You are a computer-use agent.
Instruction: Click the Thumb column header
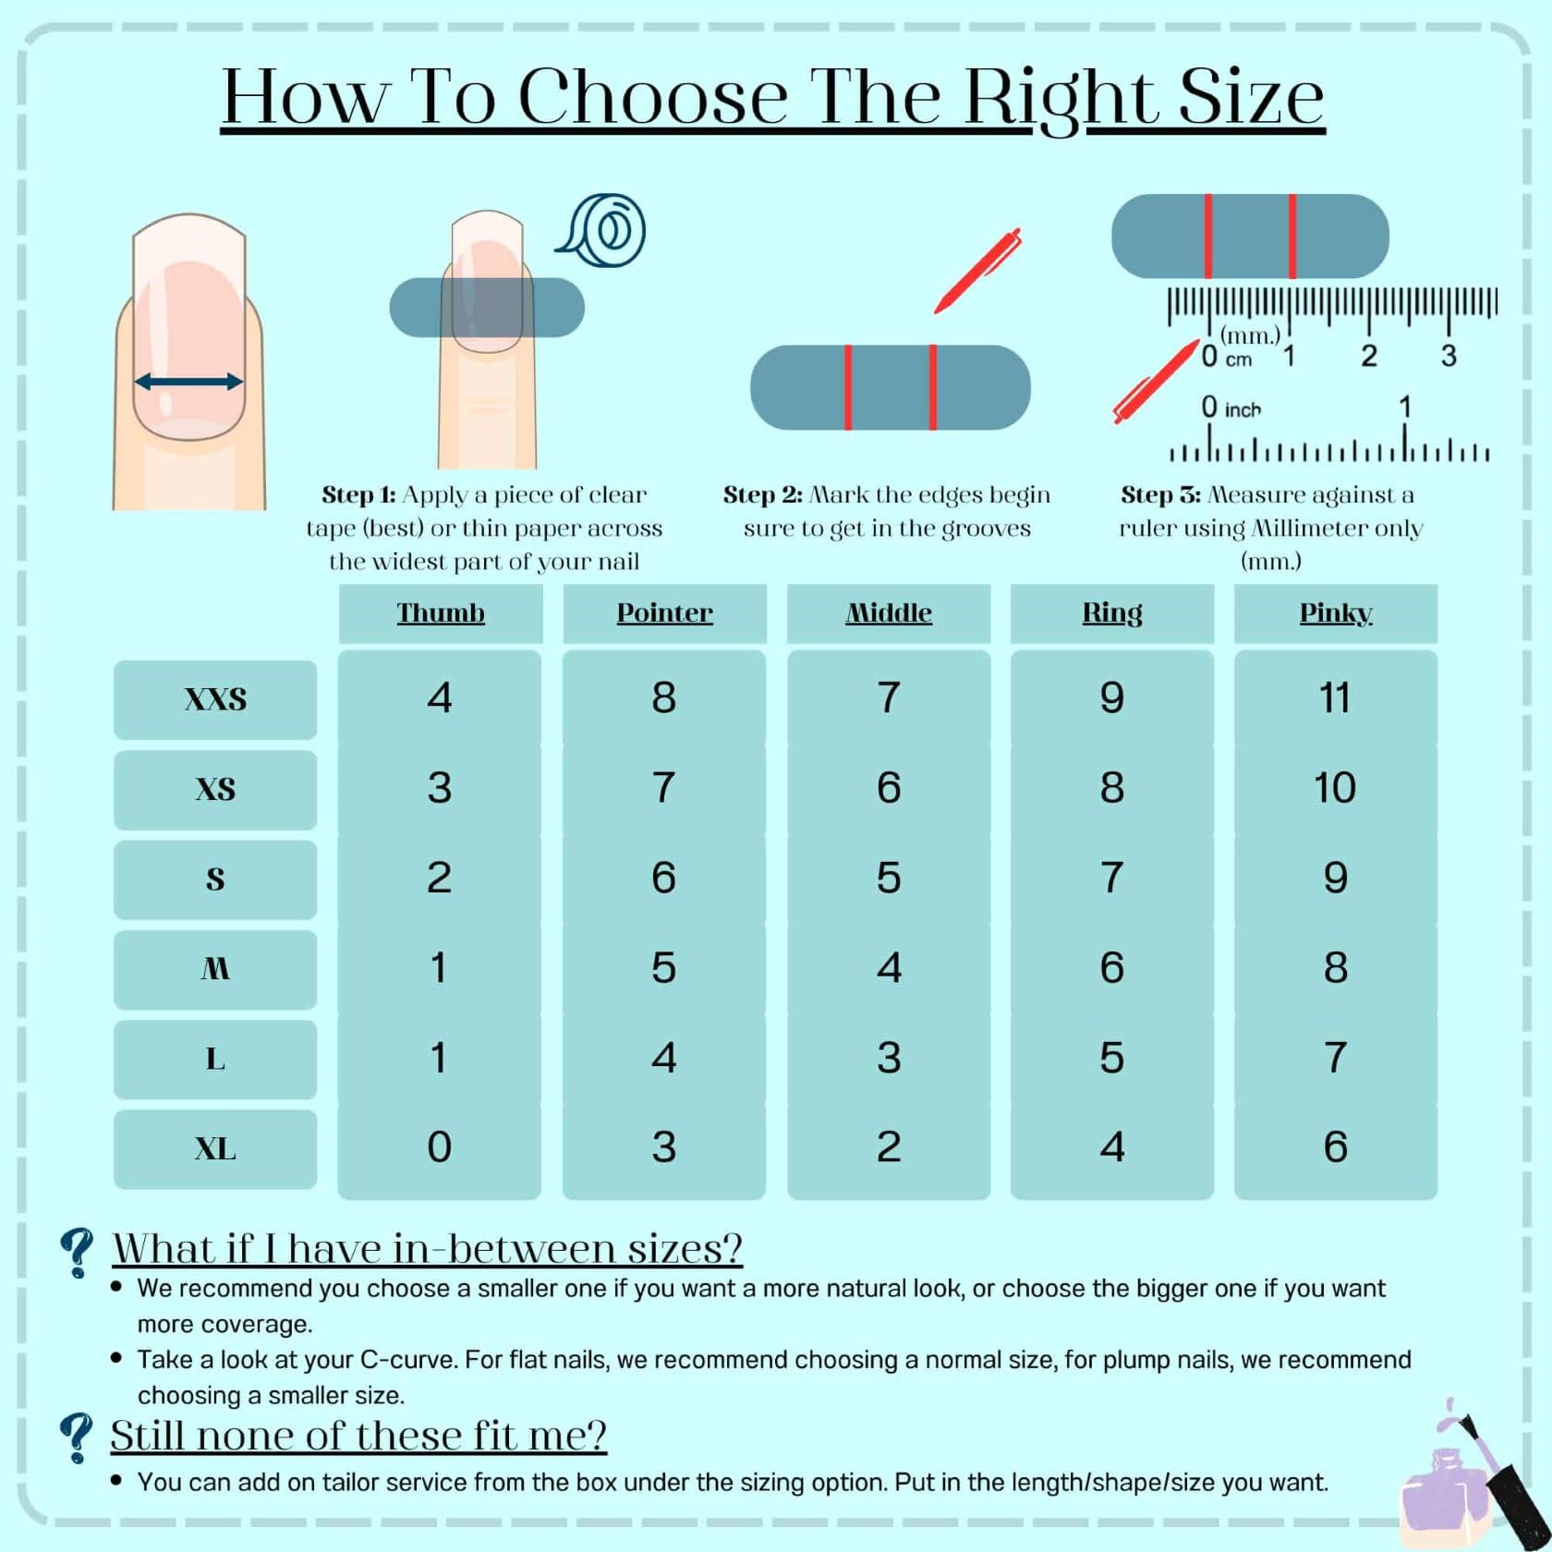[441, 612]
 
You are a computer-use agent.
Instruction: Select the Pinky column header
[1336, 613]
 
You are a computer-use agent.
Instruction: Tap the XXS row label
[215, 699]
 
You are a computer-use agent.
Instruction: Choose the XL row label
[215, 1149]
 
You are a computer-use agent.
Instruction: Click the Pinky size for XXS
[1335, 697]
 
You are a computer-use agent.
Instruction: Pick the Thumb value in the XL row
[439, 1147]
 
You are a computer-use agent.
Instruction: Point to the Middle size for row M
[889, 967]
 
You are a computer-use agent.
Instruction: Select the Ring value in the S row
[1112, 878]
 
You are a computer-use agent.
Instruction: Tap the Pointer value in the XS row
[663, 787]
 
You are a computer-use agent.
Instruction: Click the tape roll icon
[600, 231]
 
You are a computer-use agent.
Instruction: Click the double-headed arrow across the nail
[188, 381]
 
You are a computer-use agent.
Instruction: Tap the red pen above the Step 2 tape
[977, 270]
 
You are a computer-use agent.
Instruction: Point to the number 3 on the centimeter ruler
[1449, 356]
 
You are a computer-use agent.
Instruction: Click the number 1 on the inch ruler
[1404, 407]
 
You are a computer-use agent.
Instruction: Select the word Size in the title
[1252, 96]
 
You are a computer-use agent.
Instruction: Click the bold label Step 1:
[358, 495]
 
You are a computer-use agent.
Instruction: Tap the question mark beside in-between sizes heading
[76, 1253]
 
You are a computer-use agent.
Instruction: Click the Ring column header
[1112, 613]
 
